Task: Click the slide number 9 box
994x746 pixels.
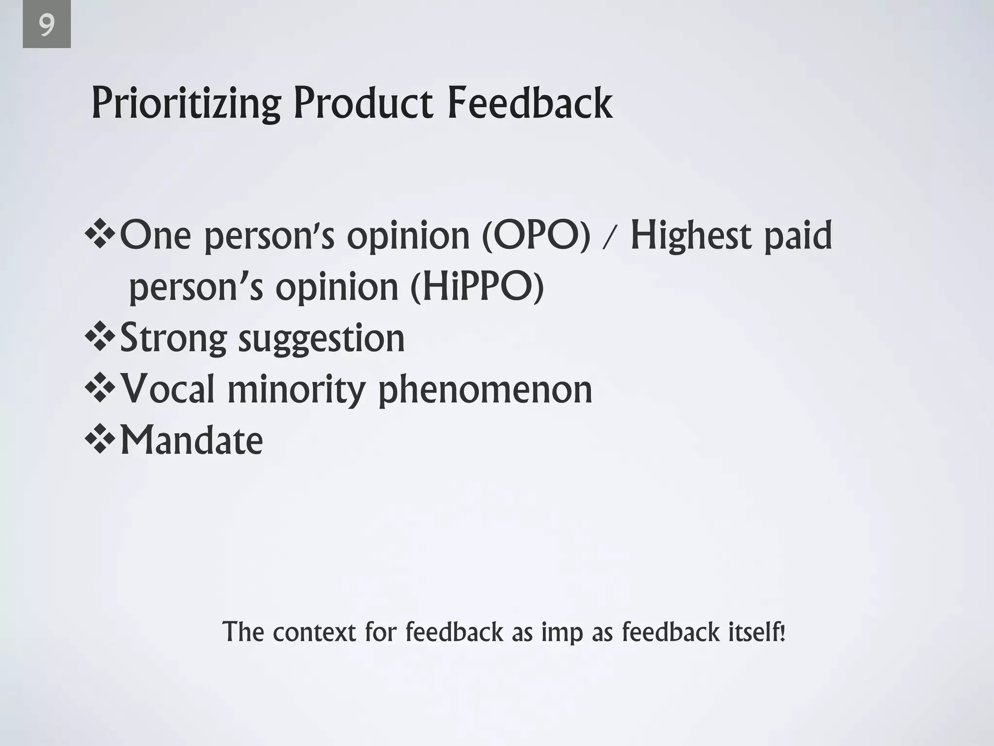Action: [x=47, y=24]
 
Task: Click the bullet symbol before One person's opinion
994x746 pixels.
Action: [x=100, y=234]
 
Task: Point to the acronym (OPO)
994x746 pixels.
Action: [x=536, y=236]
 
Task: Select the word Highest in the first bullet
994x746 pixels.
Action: [x=691, y=236]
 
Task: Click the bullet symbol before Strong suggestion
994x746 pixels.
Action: [x=100, y=336]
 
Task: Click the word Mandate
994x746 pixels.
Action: [x=191, y=440]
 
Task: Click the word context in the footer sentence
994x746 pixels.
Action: [x=315, y=632]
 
